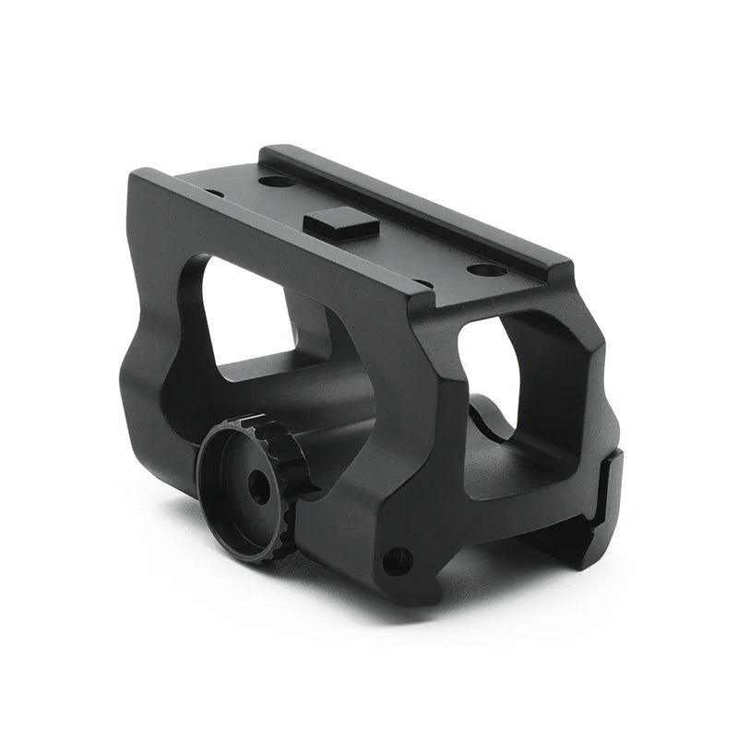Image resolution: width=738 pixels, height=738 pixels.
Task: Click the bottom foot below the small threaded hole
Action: (x=406, y=590)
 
